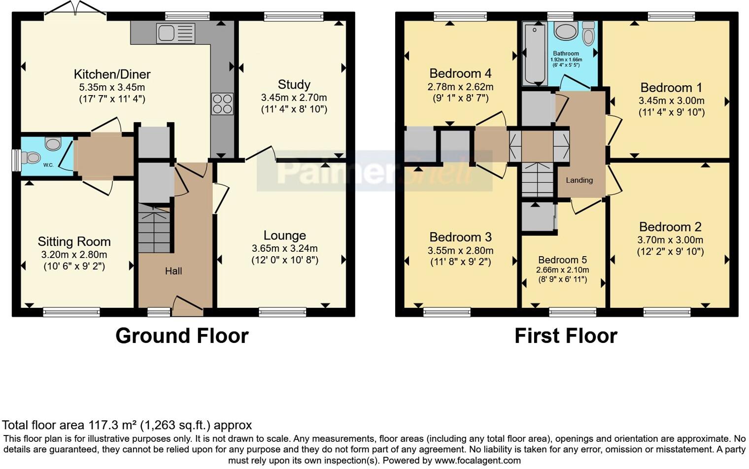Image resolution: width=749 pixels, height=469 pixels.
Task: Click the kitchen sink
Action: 175,33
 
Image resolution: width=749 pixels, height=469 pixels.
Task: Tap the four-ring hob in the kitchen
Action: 222,103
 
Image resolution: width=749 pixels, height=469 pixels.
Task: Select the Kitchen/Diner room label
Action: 112,74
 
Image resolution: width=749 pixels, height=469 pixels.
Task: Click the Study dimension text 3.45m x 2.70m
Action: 294,98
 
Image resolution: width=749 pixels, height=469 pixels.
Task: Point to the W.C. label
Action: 48,165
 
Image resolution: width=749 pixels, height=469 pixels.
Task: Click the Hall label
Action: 173,271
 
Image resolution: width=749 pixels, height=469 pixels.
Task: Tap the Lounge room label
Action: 284,235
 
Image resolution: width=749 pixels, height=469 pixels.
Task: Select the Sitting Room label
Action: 74,242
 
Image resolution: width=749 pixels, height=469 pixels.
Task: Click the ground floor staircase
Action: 154,229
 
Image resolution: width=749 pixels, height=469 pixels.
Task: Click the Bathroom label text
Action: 566,53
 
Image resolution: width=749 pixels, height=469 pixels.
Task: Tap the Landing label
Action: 579,180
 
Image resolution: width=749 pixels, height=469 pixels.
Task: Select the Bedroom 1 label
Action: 671,88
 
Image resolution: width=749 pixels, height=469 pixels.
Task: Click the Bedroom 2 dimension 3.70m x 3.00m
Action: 670,240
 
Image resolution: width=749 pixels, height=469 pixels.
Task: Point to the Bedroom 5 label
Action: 562,260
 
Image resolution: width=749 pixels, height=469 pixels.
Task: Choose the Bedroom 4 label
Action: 460,73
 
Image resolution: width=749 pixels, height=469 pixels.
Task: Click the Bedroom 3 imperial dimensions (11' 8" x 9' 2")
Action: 460,262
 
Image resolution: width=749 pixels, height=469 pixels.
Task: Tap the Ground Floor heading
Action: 182,336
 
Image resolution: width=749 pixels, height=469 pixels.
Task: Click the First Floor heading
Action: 566,336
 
